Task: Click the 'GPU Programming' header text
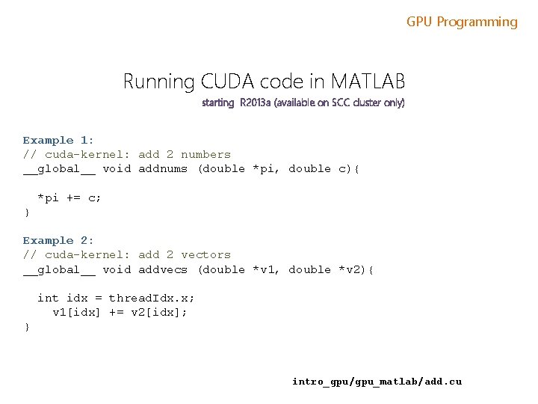coord(462,22)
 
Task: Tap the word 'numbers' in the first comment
coord(205,154)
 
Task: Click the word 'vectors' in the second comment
coord(205,254)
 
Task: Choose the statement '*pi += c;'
coord(69,198)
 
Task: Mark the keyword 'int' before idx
coord(48,298)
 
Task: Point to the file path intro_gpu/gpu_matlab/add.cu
coord(377,382)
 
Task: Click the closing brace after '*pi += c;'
coord(27,212)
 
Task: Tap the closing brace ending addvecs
coord(27,327)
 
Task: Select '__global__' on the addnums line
coord(58,168)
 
